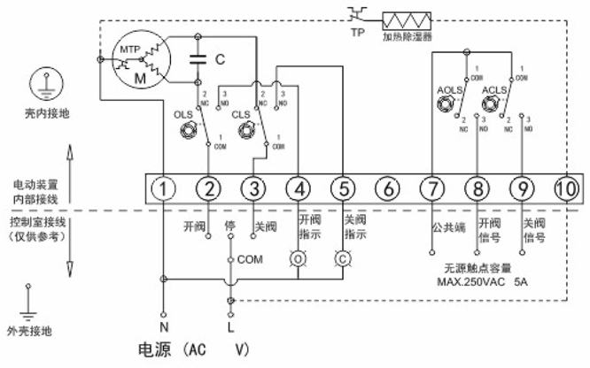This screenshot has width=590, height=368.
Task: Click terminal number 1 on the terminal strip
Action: (x=164, y=188)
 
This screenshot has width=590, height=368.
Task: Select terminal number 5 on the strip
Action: (x=342, y=188)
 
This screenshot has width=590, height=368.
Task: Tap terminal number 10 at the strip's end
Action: (x=564, y=188)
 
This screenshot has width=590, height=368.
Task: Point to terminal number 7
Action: (x=431, y=188)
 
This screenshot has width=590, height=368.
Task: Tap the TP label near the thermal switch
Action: (x=359, y=34)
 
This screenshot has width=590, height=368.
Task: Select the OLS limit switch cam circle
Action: (x=188, y=131)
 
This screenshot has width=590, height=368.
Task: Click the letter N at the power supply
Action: (x=164, y=316)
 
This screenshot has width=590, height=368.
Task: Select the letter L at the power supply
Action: (x=230, y=327)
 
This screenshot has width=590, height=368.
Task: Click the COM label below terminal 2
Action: (x=252, y=260)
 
